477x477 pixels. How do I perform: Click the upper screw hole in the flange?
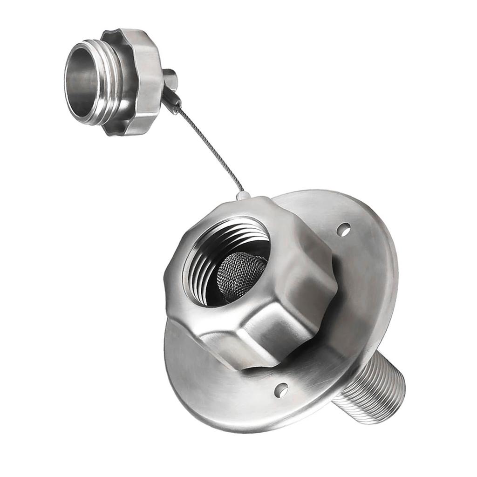click(x=343, y=229)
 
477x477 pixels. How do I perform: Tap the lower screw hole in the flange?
click(x=281, y=390)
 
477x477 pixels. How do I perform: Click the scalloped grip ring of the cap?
click(x=140, y=82)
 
